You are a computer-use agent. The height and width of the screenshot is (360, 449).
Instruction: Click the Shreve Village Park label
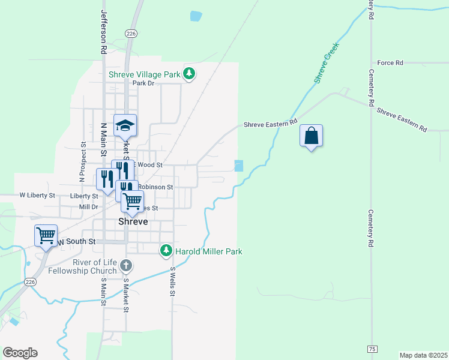click(x=145, y=75)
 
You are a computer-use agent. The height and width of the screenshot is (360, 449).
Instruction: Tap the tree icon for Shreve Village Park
click(x=190, y=74)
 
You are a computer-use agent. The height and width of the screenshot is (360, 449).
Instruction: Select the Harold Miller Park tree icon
click(x=166, y=251)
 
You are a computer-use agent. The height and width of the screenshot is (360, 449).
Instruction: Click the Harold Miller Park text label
click(x=208, y=251)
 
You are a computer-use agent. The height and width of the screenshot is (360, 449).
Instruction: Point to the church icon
click(x=125, y=265)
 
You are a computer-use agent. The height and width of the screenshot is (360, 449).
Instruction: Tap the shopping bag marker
click(x=312, y=136)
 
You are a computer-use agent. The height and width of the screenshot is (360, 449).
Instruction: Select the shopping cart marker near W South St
click(x=46, y=236)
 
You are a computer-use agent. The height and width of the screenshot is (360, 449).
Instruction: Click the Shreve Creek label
click(x=327, y=63)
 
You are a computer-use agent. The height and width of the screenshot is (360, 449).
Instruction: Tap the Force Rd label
click(x=390, y=62)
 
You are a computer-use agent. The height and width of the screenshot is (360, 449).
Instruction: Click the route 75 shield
click(x=372, y=349)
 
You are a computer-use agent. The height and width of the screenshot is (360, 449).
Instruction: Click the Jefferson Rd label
click(x=103, y=33)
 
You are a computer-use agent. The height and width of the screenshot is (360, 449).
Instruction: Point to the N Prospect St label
click(x=82, y=162)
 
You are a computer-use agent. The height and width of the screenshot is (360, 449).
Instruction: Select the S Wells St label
click(x=172, y=284)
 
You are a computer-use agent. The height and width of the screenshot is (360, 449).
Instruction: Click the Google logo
click(x=20, y=353)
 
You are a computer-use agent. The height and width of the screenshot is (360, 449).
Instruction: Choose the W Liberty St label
click(x=37, y=196)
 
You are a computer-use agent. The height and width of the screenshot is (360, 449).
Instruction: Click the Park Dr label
click(x=143, y=83)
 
